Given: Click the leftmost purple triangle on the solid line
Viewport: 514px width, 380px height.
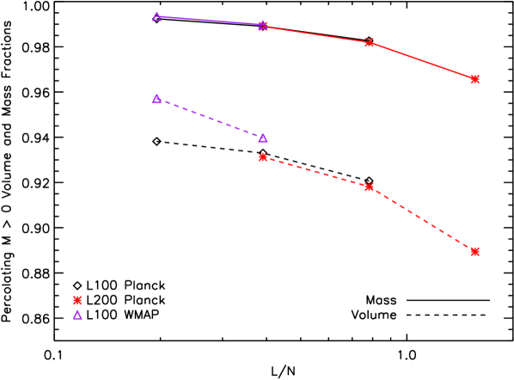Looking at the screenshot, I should click(156, 16).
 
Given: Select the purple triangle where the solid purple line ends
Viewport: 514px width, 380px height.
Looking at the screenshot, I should click(263, 25).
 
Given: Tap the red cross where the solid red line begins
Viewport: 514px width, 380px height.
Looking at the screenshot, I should click(263, 26).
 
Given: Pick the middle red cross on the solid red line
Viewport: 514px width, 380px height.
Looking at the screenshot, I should click(370, 42).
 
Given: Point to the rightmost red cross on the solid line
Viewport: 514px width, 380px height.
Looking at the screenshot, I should click(475, 79).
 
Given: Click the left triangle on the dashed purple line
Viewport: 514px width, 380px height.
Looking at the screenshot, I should click(156, 99).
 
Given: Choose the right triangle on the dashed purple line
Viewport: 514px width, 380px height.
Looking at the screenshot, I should click(263, 138).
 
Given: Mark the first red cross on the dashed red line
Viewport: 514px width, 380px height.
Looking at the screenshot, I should click(263, 157).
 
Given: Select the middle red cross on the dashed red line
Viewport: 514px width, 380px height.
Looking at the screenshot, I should click(370, 187).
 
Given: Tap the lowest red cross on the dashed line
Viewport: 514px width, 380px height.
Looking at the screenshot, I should click(475, 252).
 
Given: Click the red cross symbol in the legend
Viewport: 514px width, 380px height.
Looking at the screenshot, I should click(77, 300).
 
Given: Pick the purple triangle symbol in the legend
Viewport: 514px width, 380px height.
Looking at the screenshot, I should click(77, 315).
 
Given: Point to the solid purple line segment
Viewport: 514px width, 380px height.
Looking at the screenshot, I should click(210, 21).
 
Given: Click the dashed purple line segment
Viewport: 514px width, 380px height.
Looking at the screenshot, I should click(210, 119).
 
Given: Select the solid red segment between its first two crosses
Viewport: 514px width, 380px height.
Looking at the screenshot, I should click(316, 34).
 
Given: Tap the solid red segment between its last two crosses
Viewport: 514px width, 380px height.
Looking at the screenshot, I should click(423, 61).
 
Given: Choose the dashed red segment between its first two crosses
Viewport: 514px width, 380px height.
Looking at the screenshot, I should click(316, 172).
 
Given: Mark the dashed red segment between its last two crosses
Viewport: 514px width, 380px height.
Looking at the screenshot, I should click(423, 219).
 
